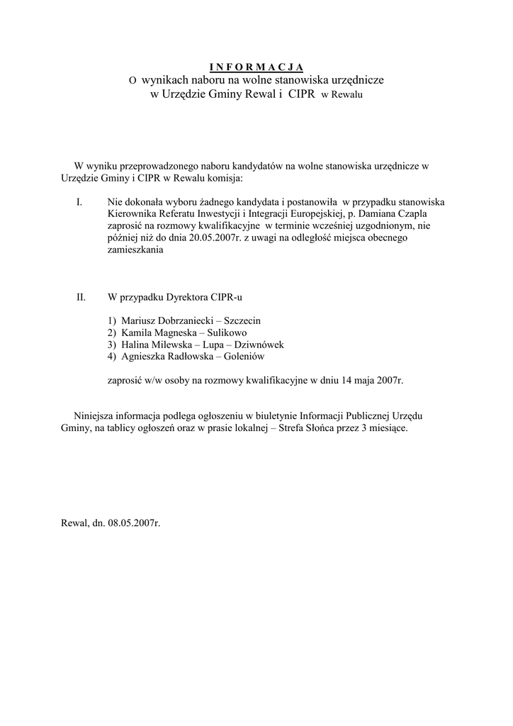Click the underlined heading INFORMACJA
[x=256, y=67]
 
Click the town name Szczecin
[x=242, y=320]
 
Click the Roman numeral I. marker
[x=80, y=201]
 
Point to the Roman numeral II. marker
[x=81, y=297]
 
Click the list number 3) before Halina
[x=112, y=345]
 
